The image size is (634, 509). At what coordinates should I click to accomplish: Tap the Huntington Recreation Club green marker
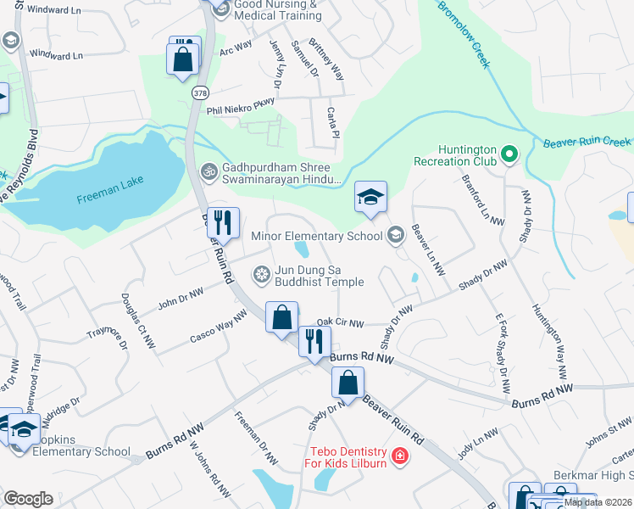tap(509, 154)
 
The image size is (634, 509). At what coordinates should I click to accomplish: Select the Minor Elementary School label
tap(317, 236)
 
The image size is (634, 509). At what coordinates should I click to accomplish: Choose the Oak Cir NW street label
tap(339, 323)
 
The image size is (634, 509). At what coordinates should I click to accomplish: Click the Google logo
tap(28, 499)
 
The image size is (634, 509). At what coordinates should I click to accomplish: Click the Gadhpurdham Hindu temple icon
tap(209, 171)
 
